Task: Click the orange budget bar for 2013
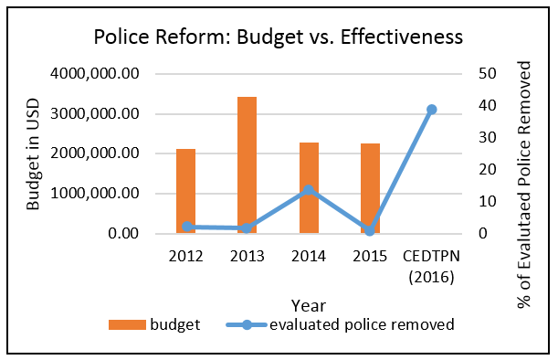[247, 165]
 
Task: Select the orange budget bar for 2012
[185, 191]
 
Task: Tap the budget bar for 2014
[309, 188]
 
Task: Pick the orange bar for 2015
[370, 188]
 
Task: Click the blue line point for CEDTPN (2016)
[432, 110]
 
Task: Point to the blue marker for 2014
[309, 190]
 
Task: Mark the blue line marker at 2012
[186, 227]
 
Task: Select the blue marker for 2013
[247, 228]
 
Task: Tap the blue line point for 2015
[370, 231]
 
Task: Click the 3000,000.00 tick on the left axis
[95, 114]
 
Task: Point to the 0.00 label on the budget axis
[123, 234]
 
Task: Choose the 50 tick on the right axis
[487, 74]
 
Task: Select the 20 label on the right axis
[487, 169]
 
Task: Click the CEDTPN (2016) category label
[431, 267]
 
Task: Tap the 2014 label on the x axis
[309, 257]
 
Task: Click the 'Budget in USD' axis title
[33, 154]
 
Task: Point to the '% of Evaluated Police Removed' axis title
[524, 185]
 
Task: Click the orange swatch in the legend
[128, 324]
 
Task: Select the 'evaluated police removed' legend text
[362, 324]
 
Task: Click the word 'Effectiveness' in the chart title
[402, 37]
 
